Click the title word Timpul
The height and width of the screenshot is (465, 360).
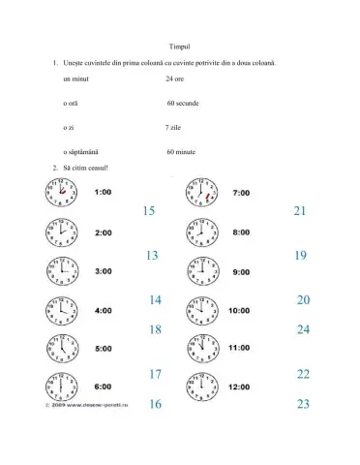click(179, 45)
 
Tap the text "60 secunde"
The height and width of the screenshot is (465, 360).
click(182, 102)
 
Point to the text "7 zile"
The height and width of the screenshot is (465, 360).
click(174, 127)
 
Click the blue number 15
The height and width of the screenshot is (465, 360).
click(148, 211)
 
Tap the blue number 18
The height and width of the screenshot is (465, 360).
click(155, 329)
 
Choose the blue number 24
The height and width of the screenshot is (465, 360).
click(303, 329)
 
